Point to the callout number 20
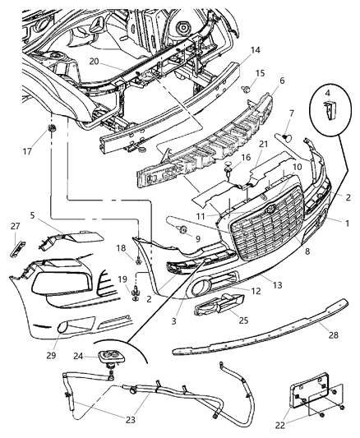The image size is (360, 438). [95, 62]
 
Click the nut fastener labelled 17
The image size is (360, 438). [52, 132]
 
